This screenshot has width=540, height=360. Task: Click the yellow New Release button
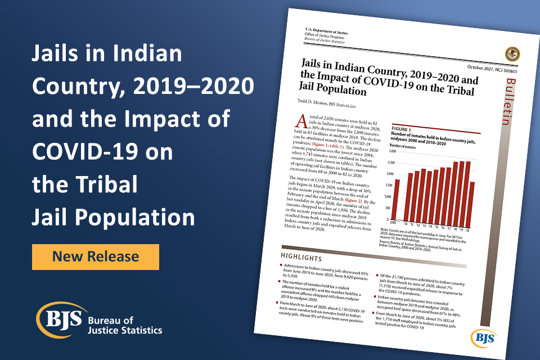coord(95,256)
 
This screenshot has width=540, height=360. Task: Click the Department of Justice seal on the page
coord(512,55)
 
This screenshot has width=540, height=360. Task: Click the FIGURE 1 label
coord(394,128)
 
